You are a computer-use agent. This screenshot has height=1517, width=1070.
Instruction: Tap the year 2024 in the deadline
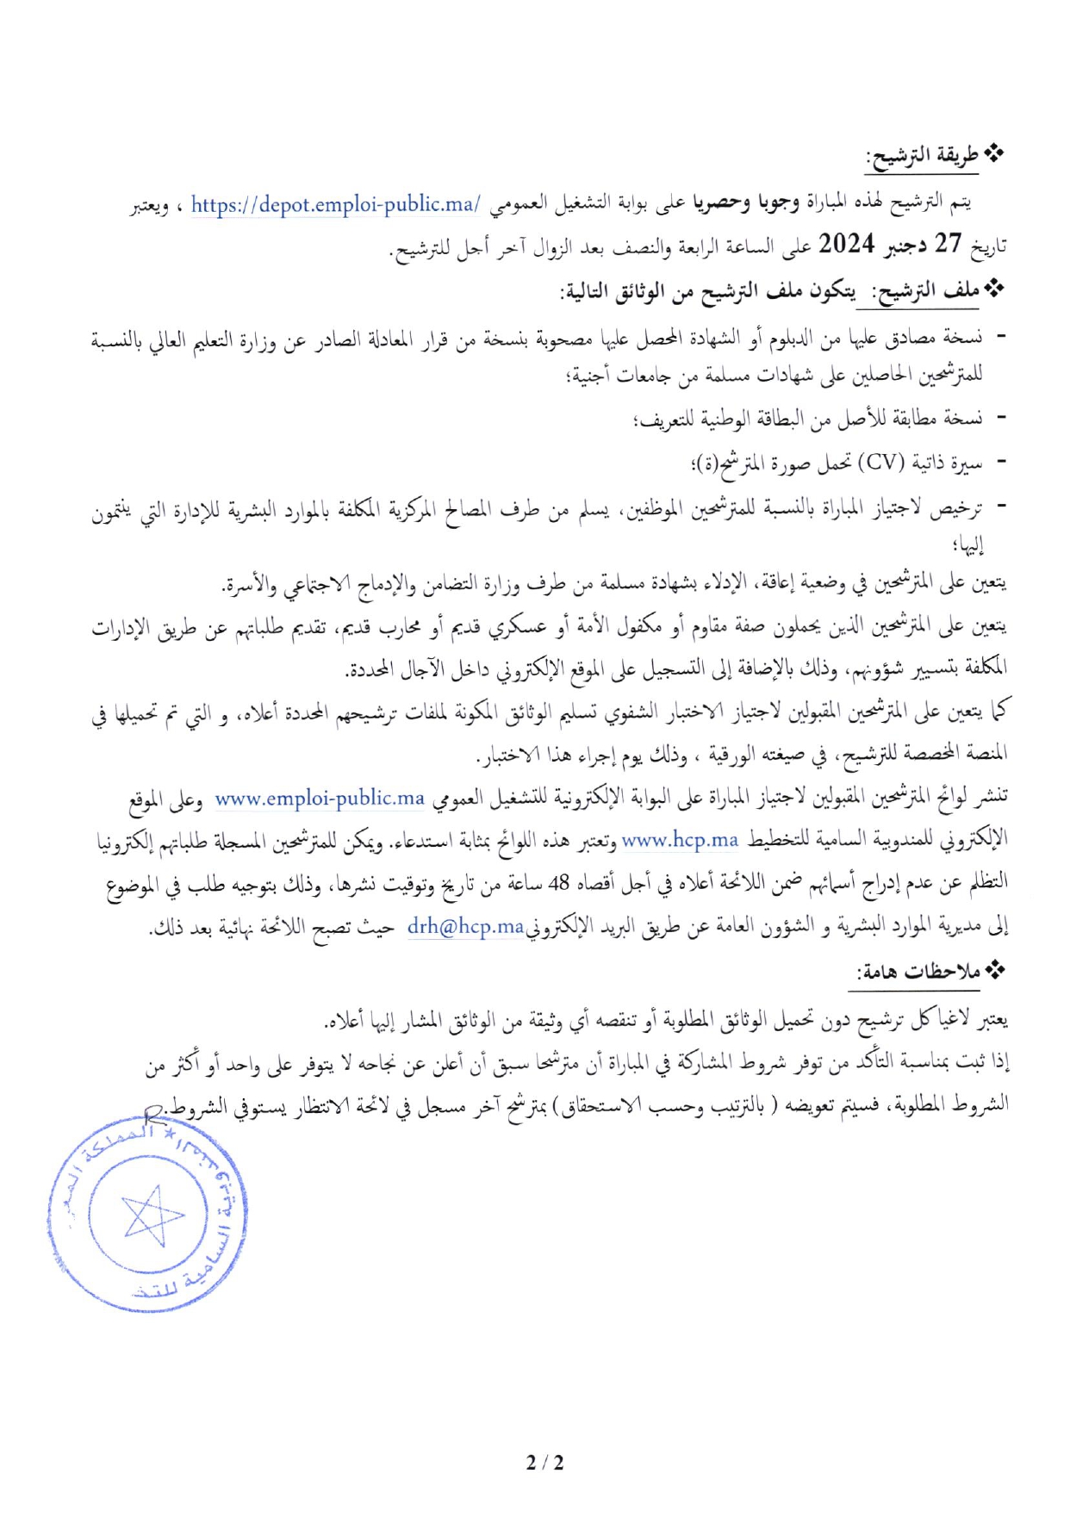pos(847,245)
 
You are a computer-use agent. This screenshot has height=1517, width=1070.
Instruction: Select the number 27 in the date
pos(948,245)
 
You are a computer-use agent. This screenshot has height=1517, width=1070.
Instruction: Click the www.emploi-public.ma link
pos(320,799)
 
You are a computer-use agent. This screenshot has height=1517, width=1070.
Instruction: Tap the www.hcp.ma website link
pos(680,839)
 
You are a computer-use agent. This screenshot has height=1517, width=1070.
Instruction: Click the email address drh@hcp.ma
pos(465,927)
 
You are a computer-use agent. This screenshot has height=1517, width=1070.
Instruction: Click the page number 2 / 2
pos(544,1462)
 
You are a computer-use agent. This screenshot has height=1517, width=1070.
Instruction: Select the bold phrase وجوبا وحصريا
pos(746,203)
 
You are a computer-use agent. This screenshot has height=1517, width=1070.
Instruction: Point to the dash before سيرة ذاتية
pos(1000,463)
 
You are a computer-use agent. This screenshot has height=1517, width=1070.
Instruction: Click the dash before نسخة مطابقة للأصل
pos(1000,419)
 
